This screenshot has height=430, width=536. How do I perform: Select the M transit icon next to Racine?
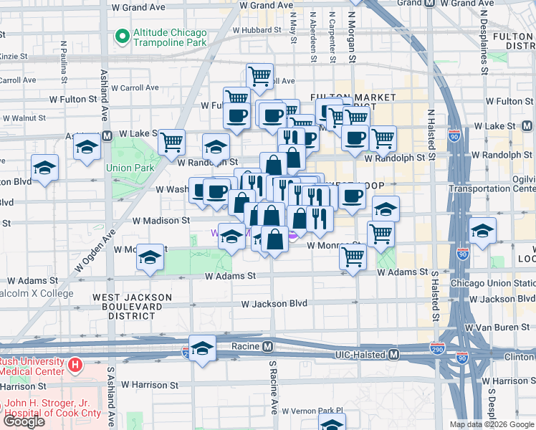pos(267,346)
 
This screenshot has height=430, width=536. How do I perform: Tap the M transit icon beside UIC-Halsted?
pos(393,355)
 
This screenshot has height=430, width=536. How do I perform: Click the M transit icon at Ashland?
pos(106,135)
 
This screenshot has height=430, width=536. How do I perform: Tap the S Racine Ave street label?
pos(273,387)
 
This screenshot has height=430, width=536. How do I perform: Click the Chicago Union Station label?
pos(492,283)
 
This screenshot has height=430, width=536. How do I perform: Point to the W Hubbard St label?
pos(257,30)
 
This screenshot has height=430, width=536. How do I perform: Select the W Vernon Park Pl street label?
pos(312,411)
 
